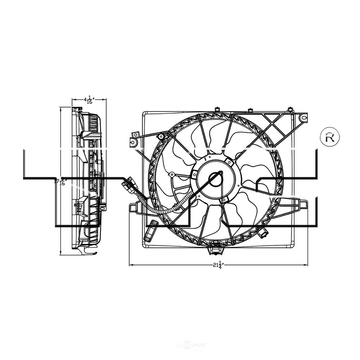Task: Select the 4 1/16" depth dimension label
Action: (x=88, y=100)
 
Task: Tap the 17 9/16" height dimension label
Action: (x=60, y=181)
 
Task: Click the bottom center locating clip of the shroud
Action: (x=215, y=248)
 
